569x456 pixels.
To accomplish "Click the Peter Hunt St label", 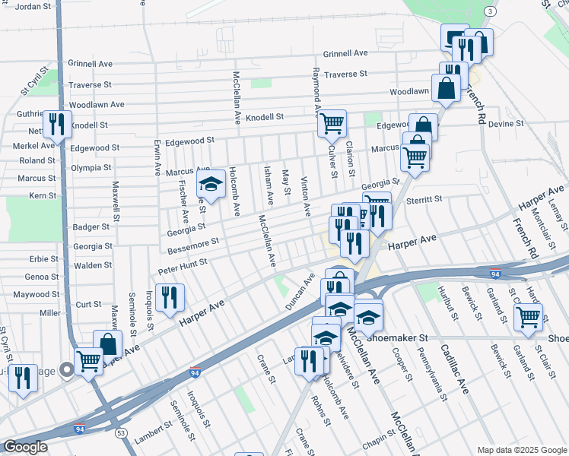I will click(183, 266).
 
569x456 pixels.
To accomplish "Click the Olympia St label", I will click(91, 167).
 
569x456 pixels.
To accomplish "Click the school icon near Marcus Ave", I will click(211, 183).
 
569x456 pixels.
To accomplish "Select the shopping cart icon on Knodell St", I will click(332, 123).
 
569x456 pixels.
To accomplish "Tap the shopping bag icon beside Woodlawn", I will click(447, 88).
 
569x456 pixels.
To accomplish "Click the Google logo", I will click(25, 447).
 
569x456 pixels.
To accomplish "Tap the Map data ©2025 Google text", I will click(523, 450).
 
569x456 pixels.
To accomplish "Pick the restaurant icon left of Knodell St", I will click(56, 122).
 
